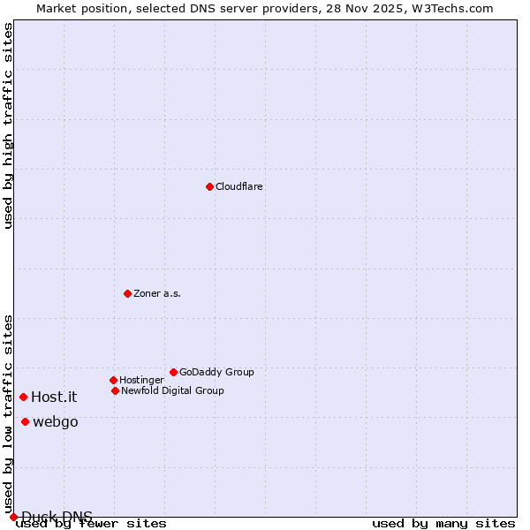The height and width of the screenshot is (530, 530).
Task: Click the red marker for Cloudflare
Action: click(209, 186)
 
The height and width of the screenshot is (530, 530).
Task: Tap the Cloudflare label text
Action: click(239, 187)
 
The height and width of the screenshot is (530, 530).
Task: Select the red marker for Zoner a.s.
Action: click(127, 293)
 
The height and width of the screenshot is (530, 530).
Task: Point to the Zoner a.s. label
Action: click(157, 294)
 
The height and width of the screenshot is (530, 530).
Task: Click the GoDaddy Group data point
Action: click(173, 372)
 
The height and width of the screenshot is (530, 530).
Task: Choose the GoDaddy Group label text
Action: click(216, 373)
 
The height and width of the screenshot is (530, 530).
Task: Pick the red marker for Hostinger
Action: click(113, 380)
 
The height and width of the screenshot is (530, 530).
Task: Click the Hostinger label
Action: click(141, 381)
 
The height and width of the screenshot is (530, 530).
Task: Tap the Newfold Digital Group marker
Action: click(115, 390)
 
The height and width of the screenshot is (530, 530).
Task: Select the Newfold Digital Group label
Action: click(172, 391)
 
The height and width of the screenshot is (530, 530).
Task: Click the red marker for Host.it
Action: click(23, 397)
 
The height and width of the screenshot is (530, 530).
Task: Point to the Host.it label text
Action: click(54, 397)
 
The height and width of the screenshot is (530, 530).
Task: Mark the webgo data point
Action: click(25, 421)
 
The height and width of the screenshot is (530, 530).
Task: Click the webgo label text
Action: click(56, 422)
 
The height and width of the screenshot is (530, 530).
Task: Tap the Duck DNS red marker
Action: click(13, 517)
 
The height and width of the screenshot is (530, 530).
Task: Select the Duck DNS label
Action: click(57, 517)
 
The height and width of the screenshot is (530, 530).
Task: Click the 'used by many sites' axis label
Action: click(443, 524)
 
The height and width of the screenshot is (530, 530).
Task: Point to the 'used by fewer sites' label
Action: click(91, 524)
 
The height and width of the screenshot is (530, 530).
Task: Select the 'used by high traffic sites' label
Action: click(9, 125)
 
